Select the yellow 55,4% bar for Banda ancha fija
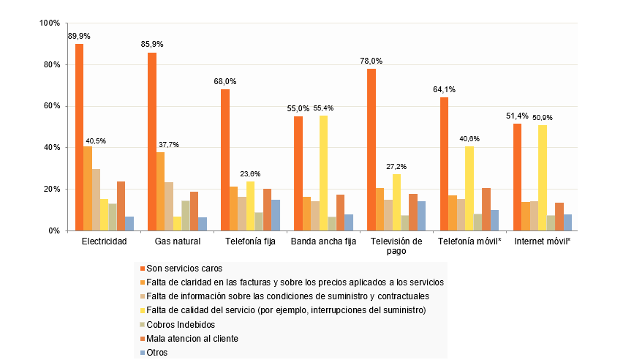coord(323,173)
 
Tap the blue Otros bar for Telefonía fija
coord(276,215)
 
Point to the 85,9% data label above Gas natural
coord(152,44)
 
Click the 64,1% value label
coord(444,89)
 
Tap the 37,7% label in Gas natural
coord(168,144)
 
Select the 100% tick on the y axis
coord(50,23)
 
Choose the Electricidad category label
coord(105,241)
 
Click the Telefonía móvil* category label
coord(469,241)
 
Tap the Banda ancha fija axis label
coord(323,241)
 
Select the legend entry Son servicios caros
coord(180,268)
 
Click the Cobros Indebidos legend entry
coord(178,324)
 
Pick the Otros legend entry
coord(157,352)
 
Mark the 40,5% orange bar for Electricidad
coord(88,189)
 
